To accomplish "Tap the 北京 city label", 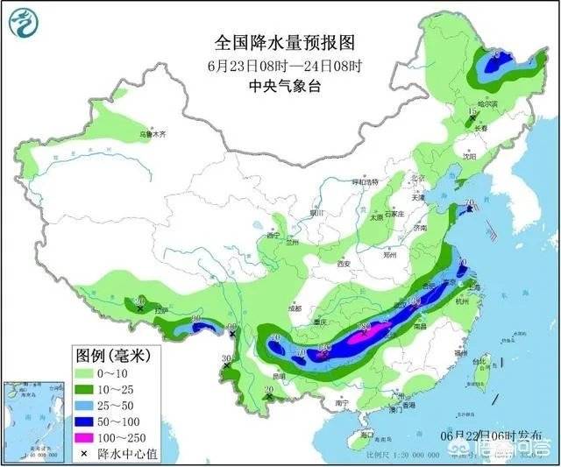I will (x=419, y=180).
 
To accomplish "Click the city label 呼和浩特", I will (x=364, y=181).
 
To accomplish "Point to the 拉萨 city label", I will (x=160, y=311).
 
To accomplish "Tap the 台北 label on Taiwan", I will (x=477, y=361).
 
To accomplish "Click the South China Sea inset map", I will (x=34, y=419).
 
